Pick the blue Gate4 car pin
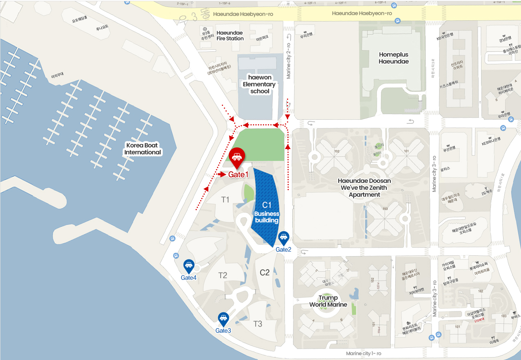(x=189, y=266)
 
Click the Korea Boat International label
(x=142, y=149)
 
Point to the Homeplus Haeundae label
(x=394, y=58)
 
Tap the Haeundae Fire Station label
(x=230, y=35)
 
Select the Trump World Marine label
(x=328, y=301)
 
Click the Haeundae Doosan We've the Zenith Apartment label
(x=364, y=187)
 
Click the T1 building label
(x=225, y=200)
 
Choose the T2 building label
(x=223, y=275)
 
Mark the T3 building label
(x=258, y=324)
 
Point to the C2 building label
(x=265, y=272)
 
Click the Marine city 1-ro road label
(x=363, y=353)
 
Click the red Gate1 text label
(x=238, y=175)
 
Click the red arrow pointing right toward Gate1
(x=221, y=174)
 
